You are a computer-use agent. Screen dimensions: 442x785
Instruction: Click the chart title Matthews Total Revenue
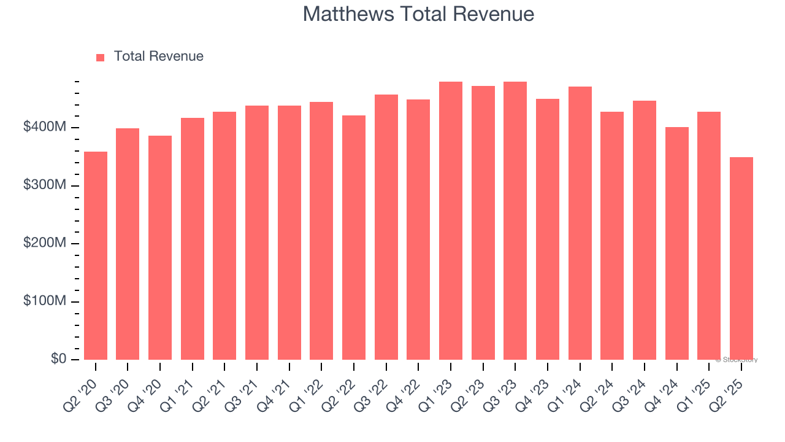tap(418, 14)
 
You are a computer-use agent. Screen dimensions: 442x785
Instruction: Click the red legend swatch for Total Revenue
tap(101, 57)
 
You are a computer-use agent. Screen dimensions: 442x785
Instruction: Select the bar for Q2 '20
tap(96, 255)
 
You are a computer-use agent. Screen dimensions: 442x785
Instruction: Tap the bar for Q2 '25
tap(741, 258)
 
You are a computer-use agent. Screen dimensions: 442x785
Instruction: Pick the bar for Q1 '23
tap(451, 220)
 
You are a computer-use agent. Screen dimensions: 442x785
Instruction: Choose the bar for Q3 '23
tap(515, 220)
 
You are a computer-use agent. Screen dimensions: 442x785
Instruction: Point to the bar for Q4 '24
tap(676, 243)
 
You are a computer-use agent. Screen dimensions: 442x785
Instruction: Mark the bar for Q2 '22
tap(354, 238)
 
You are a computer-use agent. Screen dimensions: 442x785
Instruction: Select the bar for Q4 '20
tap(160, 247)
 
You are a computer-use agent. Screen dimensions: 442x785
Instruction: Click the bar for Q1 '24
tap(580, 223)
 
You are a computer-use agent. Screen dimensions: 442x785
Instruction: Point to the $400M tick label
tap(45, 127)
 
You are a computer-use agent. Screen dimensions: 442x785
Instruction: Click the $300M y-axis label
tap(45, 185)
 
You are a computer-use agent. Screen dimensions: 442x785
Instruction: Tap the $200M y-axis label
tap(45, 244)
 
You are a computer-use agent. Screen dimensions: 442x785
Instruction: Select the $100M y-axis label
tap(45, 301)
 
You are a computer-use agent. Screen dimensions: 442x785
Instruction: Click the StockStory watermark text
tap(737, 360)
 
